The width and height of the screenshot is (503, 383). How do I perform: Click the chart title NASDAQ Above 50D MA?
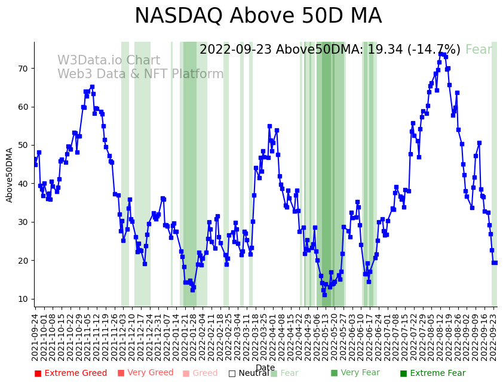(x=257, y=17)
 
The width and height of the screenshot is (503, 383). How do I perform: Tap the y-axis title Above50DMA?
(x=10, y=175)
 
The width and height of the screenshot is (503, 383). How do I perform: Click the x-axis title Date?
(x=265, y=368)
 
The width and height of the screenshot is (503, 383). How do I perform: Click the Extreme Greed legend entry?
(x=70, y=373)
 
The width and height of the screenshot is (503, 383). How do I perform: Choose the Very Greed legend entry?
(x=145, y=373)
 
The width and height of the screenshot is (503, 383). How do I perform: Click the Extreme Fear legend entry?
(x=433, y=373)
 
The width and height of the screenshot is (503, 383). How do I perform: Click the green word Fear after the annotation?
(x=479, y=50)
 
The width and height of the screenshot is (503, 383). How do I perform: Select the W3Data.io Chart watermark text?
(x=109, y=61)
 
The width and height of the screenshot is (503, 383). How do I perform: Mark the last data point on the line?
(x=495, y=262)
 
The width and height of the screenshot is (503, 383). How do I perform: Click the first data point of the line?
(x=35, y=159)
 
